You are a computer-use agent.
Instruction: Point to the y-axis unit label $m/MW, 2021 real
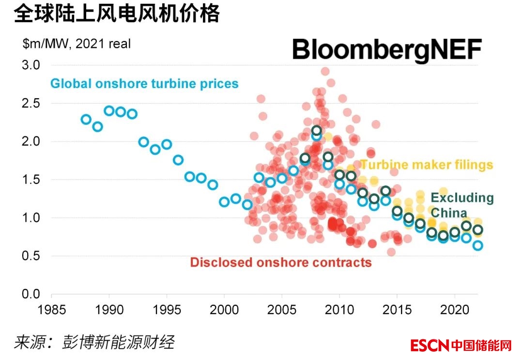click(77, 44)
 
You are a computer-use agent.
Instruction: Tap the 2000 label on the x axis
click(224, 309)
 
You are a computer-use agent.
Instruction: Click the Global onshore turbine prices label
click(144, 84)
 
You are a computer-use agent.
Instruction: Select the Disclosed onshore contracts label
click(281, 263)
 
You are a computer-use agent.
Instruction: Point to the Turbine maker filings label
click(426, 165)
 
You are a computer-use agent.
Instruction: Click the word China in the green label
click(449, 213)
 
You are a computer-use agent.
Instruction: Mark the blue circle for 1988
click(86, 119)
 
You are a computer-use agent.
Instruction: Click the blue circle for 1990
click(109, 111)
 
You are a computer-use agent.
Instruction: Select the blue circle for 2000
click(224, 202)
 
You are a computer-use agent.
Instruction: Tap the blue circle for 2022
click(477, 245)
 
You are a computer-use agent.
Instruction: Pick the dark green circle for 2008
click(317, 130)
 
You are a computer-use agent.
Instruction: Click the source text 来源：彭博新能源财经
click(93, 342)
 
